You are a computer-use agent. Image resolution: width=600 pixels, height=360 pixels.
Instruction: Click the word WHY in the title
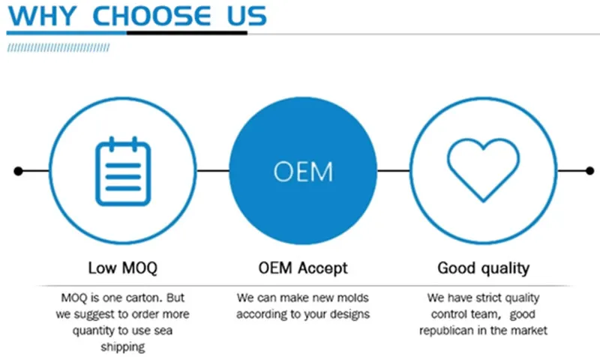point(42,16)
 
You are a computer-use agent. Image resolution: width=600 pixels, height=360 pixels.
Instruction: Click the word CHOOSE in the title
point(151,16)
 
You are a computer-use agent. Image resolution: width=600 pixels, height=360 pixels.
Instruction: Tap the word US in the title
point(247,16)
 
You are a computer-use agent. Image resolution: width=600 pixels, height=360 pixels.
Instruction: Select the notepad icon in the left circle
point(123,171)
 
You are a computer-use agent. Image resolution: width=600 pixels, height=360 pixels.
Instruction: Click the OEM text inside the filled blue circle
point(303,172)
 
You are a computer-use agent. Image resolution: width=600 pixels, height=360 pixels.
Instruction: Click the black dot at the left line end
point(18,171)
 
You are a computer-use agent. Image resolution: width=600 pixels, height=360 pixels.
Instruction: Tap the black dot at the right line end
point(590,171)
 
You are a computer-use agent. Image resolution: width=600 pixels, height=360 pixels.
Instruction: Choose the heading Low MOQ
point(123,268)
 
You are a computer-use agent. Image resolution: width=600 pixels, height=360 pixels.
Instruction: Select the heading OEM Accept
point(303,268)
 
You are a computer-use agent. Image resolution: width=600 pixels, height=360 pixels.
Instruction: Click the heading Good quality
point(484,268)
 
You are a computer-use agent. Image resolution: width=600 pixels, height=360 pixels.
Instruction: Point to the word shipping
point(123,347)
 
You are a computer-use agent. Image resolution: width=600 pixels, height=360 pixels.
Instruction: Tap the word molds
point(351,298)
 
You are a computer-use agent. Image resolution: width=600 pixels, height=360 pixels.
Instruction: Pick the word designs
point(349,314)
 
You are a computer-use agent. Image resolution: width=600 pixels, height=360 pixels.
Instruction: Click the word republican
point(446,331)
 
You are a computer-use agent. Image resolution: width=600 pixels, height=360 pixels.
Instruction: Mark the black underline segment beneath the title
point(187,33)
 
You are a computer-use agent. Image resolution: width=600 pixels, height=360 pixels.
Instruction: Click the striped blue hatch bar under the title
point(58,47)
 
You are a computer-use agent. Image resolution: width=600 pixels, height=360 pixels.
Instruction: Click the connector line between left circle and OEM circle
point(213,171)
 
